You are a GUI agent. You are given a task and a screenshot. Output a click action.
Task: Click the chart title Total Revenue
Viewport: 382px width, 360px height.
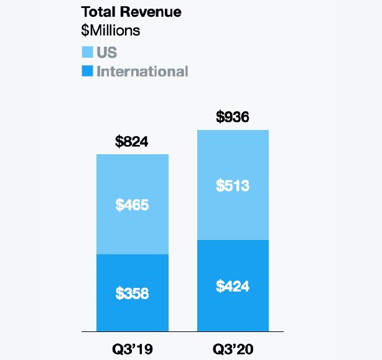(131, 12)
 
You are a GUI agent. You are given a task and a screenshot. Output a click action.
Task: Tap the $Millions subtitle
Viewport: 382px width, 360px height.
(111, 30)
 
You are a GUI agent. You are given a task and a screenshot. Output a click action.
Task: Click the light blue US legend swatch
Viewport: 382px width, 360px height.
(87, 52)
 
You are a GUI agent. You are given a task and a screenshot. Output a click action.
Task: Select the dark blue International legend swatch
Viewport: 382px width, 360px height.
(87, 71)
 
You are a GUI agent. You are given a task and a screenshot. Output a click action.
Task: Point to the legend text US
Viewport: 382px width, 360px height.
(106, 52)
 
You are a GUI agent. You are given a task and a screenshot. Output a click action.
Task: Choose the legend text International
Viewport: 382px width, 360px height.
(142, 71)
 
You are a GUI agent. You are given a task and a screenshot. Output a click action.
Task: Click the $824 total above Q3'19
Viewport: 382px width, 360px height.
(132, 141)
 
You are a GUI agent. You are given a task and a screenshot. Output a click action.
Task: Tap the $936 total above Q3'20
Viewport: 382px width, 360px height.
(233, 117)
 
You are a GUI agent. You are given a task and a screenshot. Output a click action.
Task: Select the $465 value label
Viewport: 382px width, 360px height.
(132, 205)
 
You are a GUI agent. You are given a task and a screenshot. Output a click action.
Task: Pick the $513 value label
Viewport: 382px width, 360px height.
(233, 185)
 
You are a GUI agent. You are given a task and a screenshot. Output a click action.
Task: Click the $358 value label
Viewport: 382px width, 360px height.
(132, 293)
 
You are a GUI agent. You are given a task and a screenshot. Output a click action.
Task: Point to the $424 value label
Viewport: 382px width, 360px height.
(233, 286)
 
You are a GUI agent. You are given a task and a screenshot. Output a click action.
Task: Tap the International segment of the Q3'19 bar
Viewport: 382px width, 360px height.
(132, 314)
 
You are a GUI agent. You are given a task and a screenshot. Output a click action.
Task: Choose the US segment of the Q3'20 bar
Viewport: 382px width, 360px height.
(233, 155)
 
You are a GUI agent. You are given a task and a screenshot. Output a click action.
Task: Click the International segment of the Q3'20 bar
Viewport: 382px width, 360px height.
(233, 311)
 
